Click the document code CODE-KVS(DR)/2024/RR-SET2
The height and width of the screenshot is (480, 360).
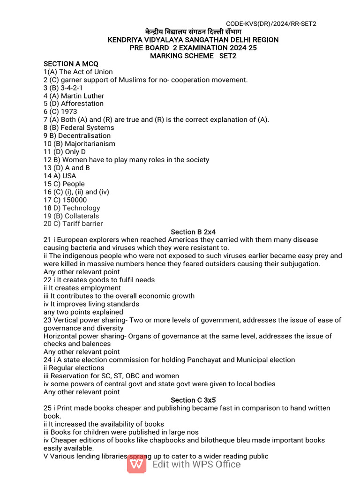[x=271, y=24]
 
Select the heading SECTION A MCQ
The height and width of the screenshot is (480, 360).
[x=71, y=64]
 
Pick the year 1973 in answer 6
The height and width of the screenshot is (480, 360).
[x=69, y=112]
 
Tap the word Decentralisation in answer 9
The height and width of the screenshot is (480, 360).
[x=85, y=136]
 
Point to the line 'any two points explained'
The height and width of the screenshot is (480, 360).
[x=83, y=312]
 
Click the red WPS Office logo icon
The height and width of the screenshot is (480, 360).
[x=137, y=464]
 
